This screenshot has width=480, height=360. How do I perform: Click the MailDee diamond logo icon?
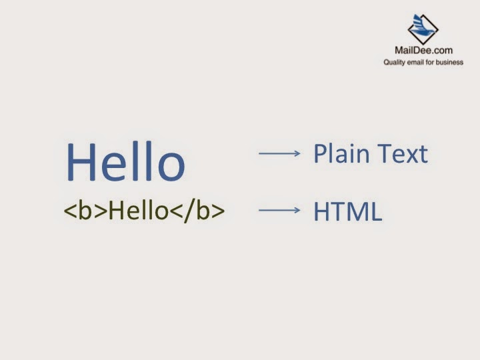click(x=423, y=29)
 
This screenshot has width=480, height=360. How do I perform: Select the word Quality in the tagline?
click(x=394, y=63)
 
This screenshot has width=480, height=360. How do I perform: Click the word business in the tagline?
click(x=449, y=63)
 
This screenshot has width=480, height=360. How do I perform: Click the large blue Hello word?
click(x=125, y=162)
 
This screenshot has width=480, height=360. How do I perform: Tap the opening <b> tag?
click(x=85, y=211)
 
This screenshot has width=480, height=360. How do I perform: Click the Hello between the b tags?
click(x=137, y=211)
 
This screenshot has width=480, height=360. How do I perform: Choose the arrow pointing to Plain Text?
click(x=280, y=154)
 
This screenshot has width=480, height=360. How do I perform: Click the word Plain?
click(x=342, y=155)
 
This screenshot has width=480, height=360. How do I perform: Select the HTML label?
click(x=347, y=211)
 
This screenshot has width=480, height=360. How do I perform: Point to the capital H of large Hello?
click(x=79, y=162)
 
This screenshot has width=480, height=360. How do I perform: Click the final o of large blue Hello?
click(x=170, y=167)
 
